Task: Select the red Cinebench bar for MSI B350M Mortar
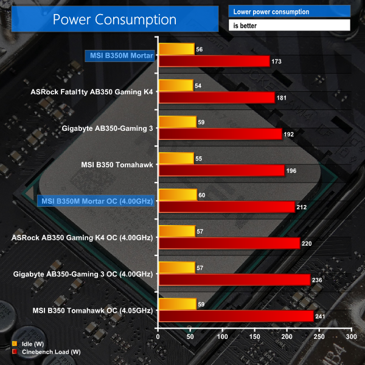(x=214, y=61)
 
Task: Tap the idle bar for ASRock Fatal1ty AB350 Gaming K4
(x=175, y=86)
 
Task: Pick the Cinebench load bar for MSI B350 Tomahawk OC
(x=235, y=316)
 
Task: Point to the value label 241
(x=321, y=316)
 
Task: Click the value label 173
(x=277, y=61)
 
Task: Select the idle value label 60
(x=203, y=195)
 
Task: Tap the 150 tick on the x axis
(x=254, y=336)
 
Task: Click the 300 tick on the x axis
(x=351, y=336)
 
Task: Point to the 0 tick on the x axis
(x=158, y=336)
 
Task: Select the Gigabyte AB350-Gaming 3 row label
(x=108, y=128)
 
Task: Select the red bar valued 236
(x=234, y=280)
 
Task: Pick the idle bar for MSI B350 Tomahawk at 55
(x=175, y=158)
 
